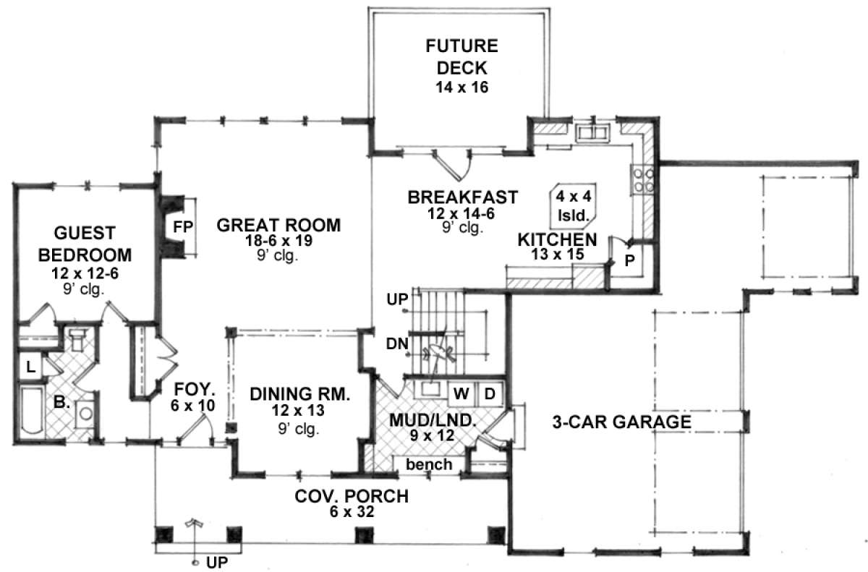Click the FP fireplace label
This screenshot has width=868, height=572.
click(182, 227)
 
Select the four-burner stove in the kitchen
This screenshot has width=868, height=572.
click(643, 179)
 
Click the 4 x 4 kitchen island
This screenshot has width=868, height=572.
click(573, 206)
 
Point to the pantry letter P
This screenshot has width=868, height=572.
click(629, 261)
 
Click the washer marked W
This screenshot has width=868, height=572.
click(461, 394)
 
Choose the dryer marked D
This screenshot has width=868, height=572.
click(490, 394)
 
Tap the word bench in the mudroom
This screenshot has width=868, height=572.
click(429, 464)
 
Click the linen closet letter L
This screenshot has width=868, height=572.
click(30, 367)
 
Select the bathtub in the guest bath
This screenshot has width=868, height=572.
click(30, 410)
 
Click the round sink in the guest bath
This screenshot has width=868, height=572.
click(85, 413)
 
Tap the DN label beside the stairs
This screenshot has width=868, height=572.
click(397, 343)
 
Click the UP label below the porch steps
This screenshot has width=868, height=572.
click(217, 563)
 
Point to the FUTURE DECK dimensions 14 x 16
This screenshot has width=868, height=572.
click(461, 87)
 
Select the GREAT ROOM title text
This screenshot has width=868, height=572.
click(278, 226)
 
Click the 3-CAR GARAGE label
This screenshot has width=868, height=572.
click(621, 422)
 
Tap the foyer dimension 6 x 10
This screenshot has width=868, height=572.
click(192, 406)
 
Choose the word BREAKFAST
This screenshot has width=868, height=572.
click(463, 197)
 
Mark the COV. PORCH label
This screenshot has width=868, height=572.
click(352, 497)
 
